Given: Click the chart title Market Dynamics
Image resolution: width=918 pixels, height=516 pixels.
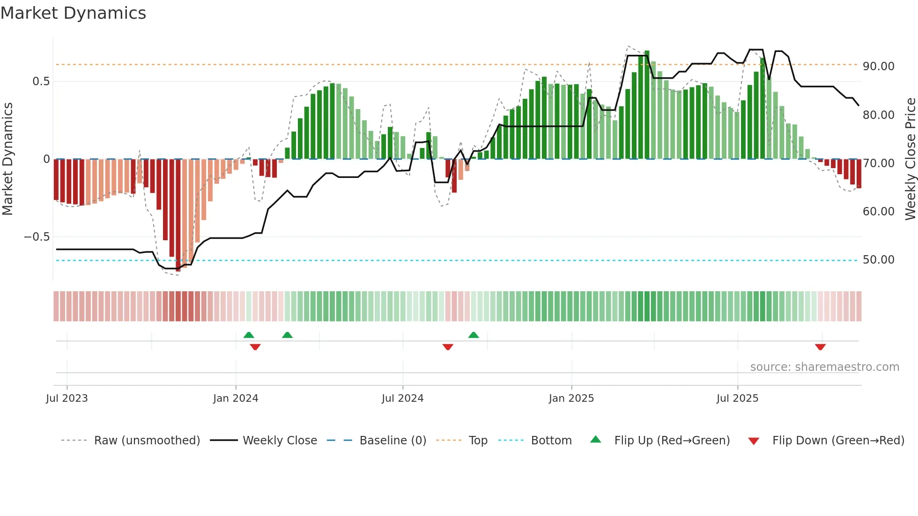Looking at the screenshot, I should click(x=73, y=13).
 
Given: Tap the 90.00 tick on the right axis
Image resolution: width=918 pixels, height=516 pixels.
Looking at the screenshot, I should click(x=878, y=66).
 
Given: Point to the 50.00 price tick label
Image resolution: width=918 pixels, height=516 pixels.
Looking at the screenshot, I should click(x=878, y=260).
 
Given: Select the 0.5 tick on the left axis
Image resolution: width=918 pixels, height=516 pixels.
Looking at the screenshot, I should click(x=41, y=81).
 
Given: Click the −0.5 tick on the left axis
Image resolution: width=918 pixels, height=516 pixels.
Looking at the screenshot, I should click(x=37, y=237).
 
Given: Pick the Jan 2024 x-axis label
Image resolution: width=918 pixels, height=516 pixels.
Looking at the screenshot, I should click(x=236, y=398).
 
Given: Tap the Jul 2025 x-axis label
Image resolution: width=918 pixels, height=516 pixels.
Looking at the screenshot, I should click(x=737, y=398).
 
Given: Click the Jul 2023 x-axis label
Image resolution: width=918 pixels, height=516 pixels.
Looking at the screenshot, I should click(x=67, y=398).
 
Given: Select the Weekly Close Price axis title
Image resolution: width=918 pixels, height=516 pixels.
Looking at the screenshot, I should click(x=910, y=159).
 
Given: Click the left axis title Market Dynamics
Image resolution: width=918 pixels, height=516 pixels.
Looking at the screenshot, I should click(x=7, y=159).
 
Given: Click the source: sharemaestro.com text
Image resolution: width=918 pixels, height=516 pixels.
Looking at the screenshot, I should click(x=824, y=367).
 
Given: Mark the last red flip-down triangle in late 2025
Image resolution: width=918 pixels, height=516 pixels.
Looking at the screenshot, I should click(x=820, y=347).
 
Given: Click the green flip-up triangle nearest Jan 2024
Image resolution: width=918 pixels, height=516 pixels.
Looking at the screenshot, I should click(x=249, y=335).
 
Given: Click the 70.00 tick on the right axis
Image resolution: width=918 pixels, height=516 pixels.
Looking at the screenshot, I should click(x=878, y=163).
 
